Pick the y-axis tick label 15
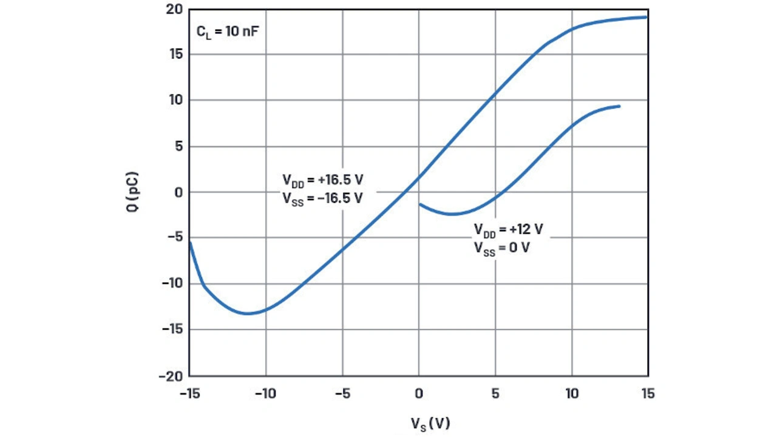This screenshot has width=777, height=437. coord(175,55)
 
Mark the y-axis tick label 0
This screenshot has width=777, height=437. coord(178,192)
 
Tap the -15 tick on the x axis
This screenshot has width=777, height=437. coord(189,393)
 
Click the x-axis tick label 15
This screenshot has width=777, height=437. coord(648,393)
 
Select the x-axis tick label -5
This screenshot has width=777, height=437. coord(342,393)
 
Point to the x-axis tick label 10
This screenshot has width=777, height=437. coord(571,393)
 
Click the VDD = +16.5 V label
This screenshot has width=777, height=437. coord(322,180)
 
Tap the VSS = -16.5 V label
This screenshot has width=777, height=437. coord(322,198)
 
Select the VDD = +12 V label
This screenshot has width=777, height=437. coord(508,230)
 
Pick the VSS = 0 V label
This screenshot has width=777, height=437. coord(501,248)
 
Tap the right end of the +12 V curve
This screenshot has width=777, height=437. coord(620,106)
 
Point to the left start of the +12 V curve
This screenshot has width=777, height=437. coord(419,205)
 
